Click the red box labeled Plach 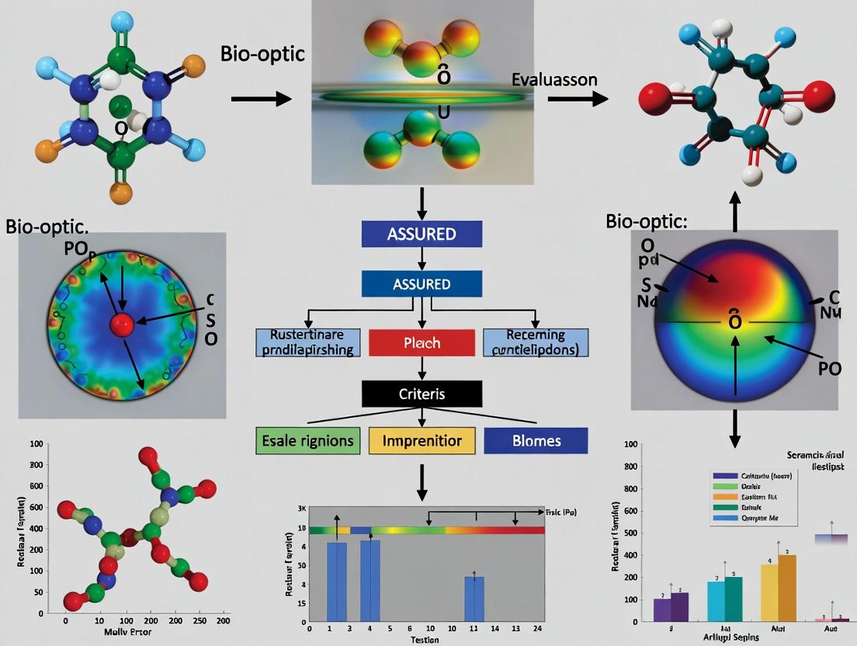point(422,342)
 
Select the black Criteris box point(422,394)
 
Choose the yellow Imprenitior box point(420,441)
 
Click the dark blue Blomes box point(536,441)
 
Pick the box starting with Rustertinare point(308,342)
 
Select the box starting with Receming point(536,342)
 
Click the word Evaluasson point(553,79)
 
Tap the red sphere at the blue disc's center point(121,325)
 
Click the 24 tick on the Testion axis point(536,627)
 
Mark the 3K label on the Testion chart point(302,509)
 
